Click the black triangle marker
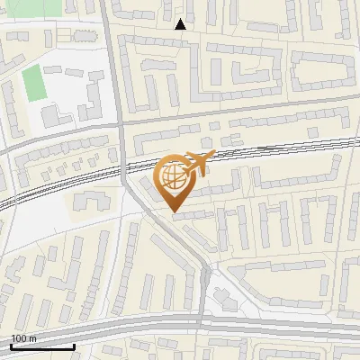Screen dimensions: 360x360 (181, 24)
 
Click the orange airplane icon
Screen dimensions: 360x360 (199, 163)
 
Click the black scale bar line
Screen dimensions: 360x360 (41, 346)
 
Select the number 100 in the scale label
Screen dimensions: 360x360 (19, 338)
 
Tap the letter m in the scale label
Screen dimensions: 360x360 (32, 338)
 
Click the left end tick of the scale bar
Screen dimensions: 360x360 (10, 345)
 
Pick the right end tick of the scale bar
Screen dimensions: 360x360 (74, 345)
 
